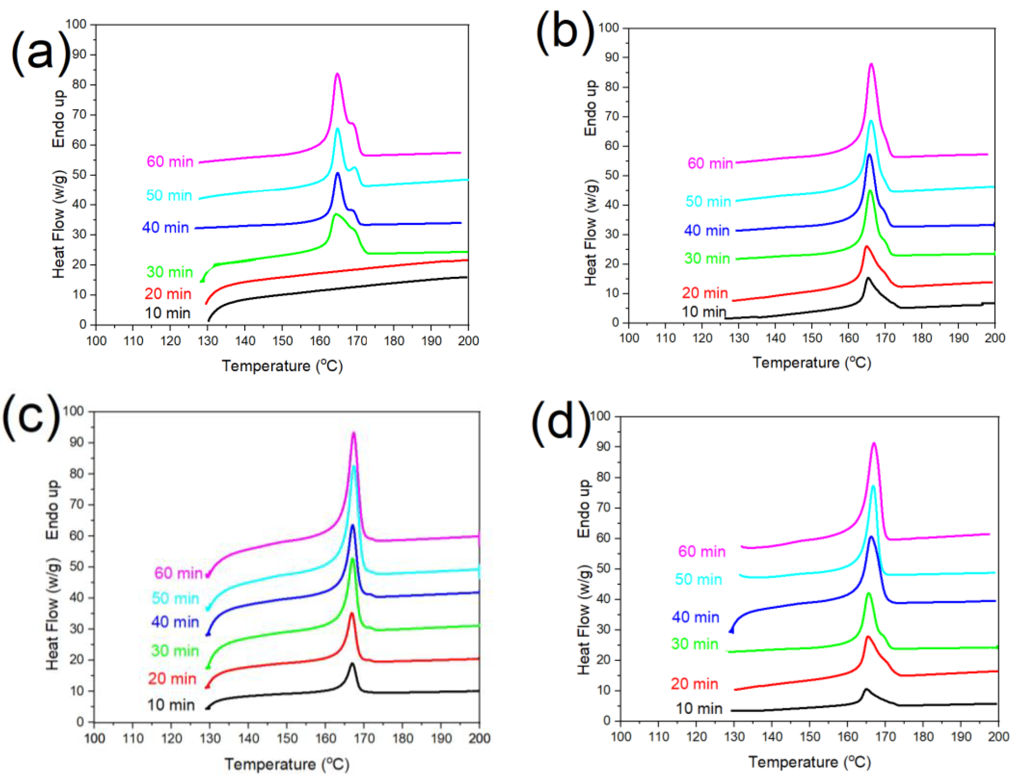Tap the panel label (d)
pyautogui.click(x=560, y=424)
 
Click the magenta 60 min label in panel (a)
pyautogui.click(x=170, y=162)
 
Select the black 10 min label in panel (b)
pyautogui.click(x=704, y=312)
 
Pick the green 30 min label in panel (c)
pyautogui.click(x=175, y=651)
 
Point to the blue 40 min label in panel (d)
pyautogui.click(x=696, y=617)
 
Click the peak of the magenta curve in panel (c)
pyautogui.click(x=354, y=433)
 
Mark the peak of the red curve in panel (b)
pyautogui.click(x=866, y=246)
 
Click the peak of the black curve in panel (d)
pyautogui.click(x=866, y=689)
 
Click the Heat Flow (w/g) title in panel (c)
pyautogui.click(x=53, y=614)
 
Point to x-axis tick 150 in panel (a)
pyautogui.click(x=282, y=341)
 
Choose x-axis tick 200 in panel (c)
pyautogui.click(x=479, y=738)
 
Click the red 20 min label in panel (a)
pyautogui.click(x=167, y=294)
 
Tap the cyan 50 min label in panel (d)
pyautogui.click(x=698, y=579)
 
